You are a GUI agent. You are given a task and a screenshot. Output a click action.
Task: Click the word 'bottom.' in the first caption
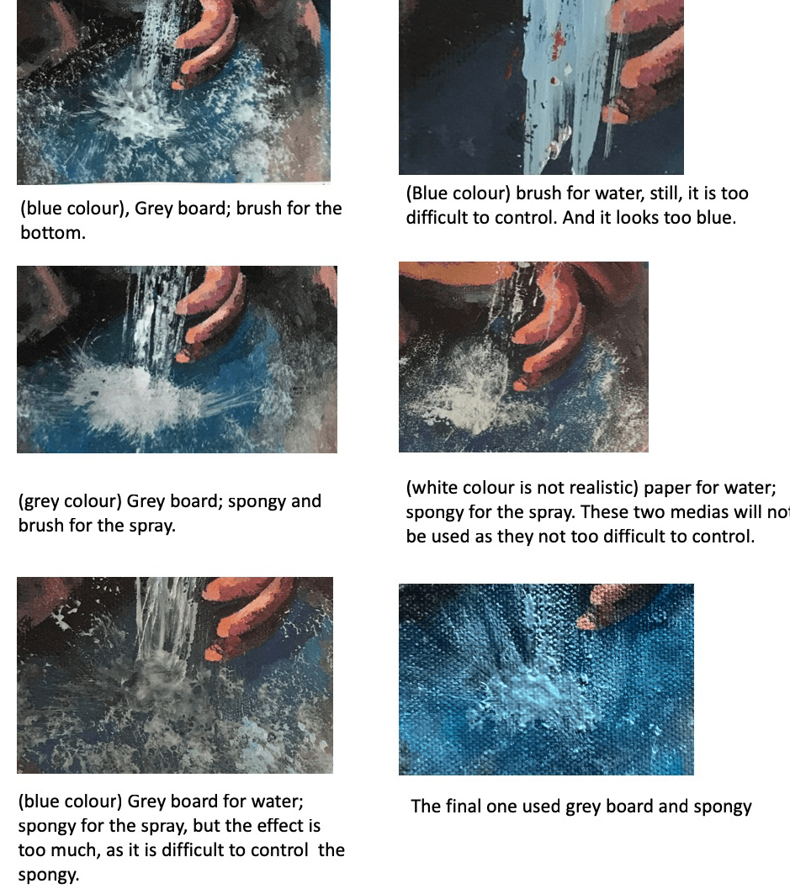pos(52,233)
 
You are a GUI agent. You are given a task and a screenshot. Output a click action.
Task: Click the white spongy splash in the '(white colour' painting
pos(474,388)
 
